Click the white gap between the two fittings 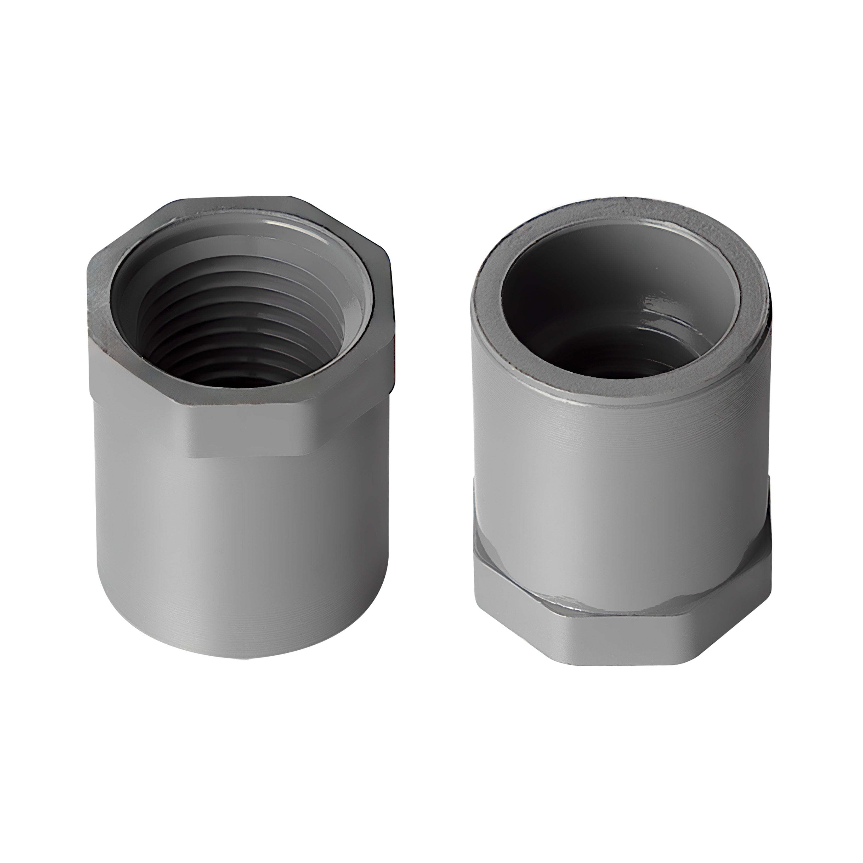tap(431, 447)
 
